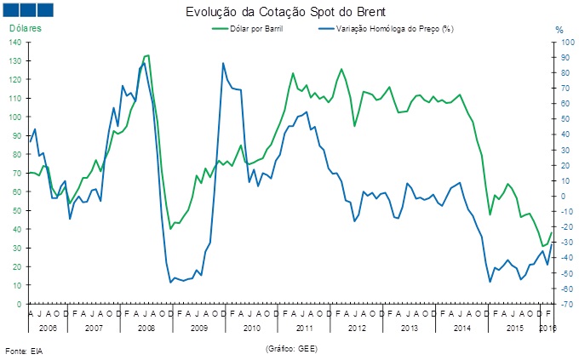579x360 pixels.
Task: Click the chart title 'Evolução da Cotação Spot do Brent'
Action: pyautogui.click(x=289, y=12)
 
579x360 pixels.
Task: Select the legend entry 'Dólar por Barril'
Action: pyautogui.click(x=256, y=29)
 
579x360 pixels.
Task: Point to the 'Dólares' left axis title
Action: pyautogui.click(x=26, y=29)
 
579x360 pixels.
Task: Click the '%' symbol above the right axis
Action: pyautogui.click(x=559, y=30)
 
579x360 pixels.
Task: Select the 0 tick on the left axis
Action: pyautogui.click(x=20, y=304)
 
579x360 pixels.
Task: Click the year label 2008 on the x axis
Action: pyautogui.click(x=146, y=327)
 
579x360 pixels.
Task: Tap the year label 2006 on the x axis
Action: pyautogui.click(x=48, y=327)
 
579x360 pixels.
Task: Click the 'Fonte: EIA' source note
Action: pyautogui.click(x=24, y=351)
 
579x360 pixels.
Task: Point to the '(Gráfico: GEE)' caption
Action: pyautogui.click(x=292, y=348)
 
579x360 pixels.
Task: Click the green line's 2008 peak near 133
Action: pyautogui.click(x=148, y=55)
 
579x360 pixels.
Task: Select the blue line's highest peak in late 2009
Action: pyautogui.click(x=223, y=63)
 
